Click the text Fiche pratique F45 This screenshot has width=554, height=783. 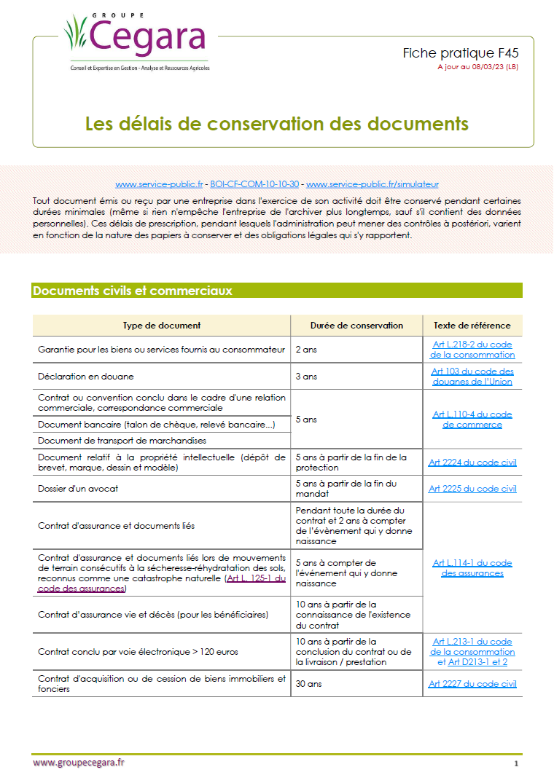click(x=461, y=53)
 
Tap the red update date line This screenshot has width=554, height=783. click(x=477, y=66)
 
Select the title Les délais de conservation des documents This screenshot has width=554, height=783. click(x=277, y=122)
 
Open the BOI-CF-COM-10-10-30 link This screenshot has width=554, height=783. click(x=254, y=185)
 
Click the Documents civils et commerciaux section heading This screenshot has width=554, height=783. click(x=133, y=291)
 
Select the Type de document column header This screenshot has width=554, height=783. click(x=162, y=326)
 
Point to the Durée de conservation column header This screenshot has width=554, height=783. click(x=356, y=326)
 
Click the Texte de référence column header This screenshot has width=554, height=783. click(x=472, y=326)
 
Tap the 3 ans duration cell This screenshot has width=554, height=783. click(x=306, y=377)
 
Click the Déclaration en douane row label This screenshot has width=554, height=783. click(x=86, y=377)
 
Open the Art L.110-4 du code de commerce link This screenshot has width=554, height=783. click(x=472, y=420)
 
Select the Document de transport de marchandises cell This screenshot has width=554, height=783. click(x=122, y=441)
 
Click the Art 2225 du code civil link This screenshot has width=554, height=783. click(x=472, y=489)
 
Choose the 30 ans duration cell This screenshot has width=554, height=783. click(x=308, y=684)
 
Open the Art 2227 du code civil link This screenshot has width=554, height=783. click(x=472, y=684)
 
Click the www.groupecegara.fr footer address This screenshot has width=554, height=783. click(x=79, y=762)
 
